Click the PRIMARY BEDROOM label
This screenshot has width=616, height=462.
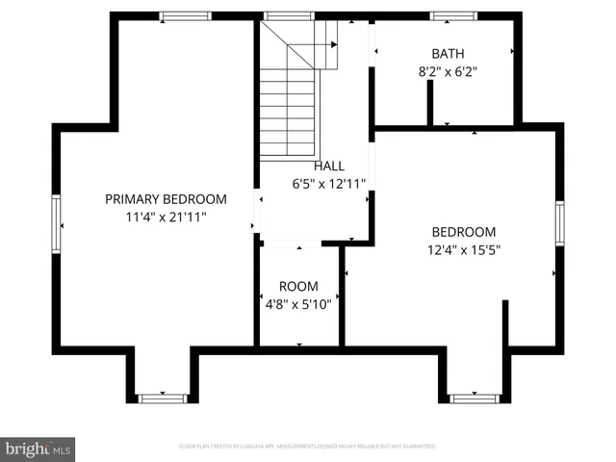pyautogui.click(x=166, y=199)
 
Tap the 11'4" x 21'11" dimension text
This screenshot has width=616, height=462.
pyautogui.click(x=166, y=217)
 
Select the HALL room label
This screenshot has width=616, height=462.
pyautogui.click(x=328, y=167)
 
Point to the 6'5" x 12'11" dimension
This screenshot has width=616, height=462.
pyautogui.click(x=328, y=183)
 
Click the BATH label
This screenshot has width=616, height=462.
pyautogui.click(x=448, y=54)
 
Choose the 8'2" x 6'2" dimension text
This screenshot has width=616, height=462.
pyautogui.click(x=448, y=70)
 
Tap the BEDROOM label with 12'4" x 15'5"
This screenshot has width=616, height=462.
pyautogui.click(x=463, y=232)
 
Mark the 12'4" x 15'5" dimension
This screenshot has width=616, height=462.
pyautogui.click(x=463, y=249)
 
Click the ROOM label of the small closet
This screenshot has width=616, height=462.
pyautogui.click(x=298, y=287)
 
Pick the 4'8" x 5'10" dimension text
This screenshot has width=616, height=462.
pyautogui.click(x=298, y=303)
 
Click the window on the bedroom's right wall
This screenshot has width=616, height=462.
pyautogui.click(x=559, y=223)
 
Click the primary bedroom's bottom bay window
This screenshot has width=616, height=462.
pyautogui.click(x=163, y=398)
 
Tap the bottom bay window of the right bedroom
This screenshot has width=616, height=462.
pyautogui.click(x=474, y=398)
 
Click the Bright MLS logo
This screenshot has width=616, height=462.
pyautogui.click(x=38, y=449)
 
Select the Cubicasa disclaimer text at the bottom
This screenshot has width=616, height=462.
pyautogui.click(x=308, y=447)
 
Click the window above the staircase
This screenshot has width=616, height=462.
pyautogui.click(x=282, y=15)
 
